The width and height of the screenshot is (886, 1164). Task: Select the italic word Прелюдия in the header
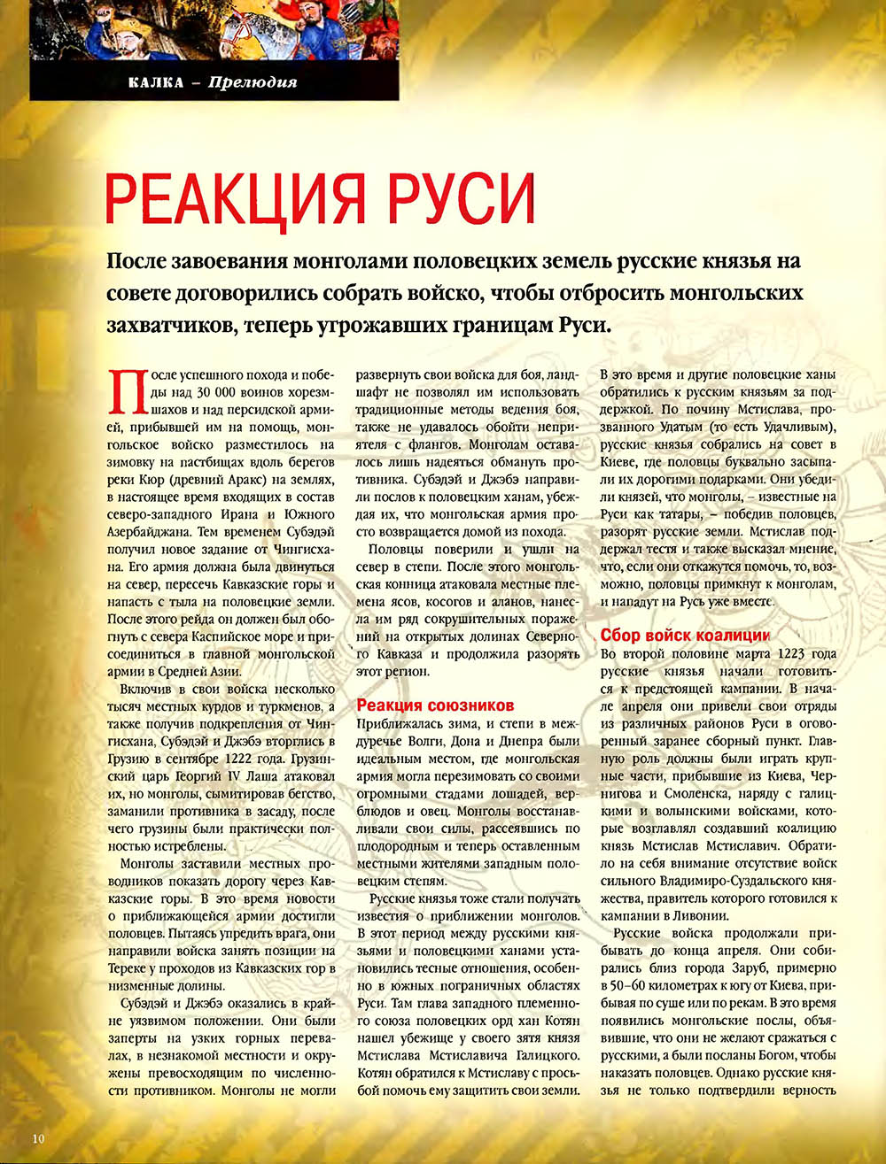(x=253, y=83)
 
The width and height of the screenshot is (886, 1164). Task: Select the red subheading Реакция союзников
(x=435, y=705)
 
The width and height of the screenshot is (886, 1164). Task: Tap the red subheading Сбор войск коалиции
(x=685, y=636)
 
